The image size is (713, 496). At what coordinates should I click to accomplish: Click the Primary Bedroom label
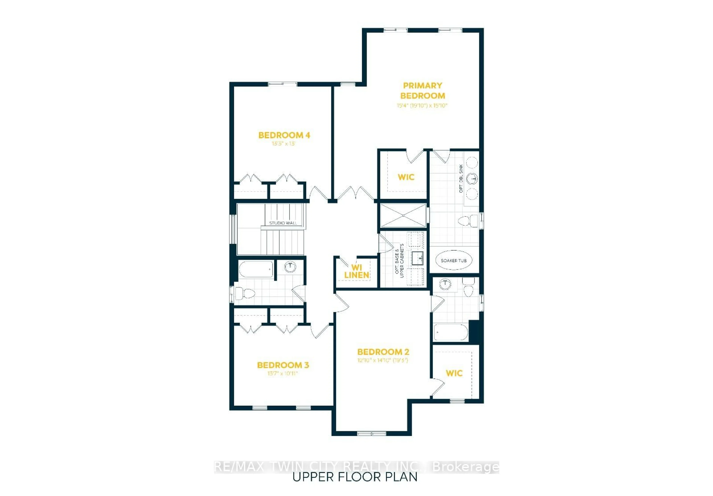click(x=422, y=90)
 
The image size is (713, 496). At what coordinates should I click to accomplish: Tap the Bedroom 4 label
click(x=284, y=135)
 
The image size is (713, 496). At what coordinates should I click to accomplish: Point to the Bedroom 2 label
click(x=383, y=352)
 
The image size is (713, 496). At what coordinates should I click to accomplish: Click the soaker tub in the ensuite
click(x=453, y=260)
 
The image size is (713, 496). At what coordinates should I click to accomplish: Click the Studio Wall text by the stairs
click(x=283, y=223)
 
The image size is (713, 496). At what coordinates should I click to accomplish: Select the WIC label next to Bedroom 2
click(x=454, y=373)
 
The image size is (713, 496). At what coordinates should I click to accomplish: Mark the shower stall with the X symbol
click(x=403, y=215)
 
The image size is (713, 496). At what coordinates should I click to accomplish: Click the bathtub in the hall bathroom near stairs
click(x=256, y=269)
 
